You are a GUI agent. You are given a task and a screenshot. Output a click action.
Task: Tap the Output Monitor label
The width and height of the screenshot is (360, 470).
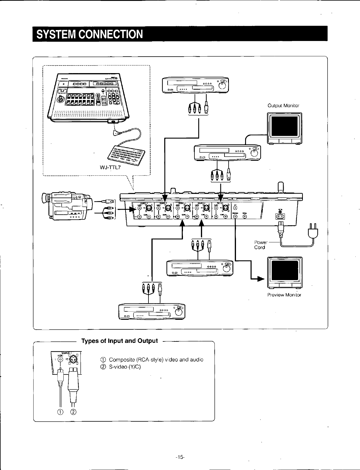[283, 106]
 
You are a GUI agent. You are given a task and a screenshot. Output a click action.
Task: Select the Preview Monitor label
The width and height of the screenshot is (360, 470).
[284, 295]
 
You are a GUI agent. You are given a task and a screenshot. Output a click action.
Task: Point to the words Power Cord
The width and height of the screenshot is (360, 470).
[260, 245]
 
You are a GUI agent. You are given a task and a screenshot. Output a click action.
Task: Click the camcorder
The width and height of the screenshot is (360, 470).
[66, 206]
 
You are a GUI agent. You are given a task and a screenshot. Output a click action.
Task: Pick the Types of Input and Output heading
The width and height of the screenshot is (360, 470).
[120, 341]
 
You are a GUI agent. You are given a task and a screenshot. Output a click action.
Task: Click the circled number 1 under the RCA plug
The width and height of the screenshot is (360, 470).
[60, 412]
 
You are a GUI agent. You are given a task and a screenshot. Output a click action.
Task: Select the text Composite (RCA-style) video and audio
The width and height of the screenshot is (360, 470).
[156, 360]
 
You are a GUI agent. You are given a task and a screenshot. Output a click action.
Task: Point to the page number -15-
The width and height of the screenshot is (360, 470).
[180, 457]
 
